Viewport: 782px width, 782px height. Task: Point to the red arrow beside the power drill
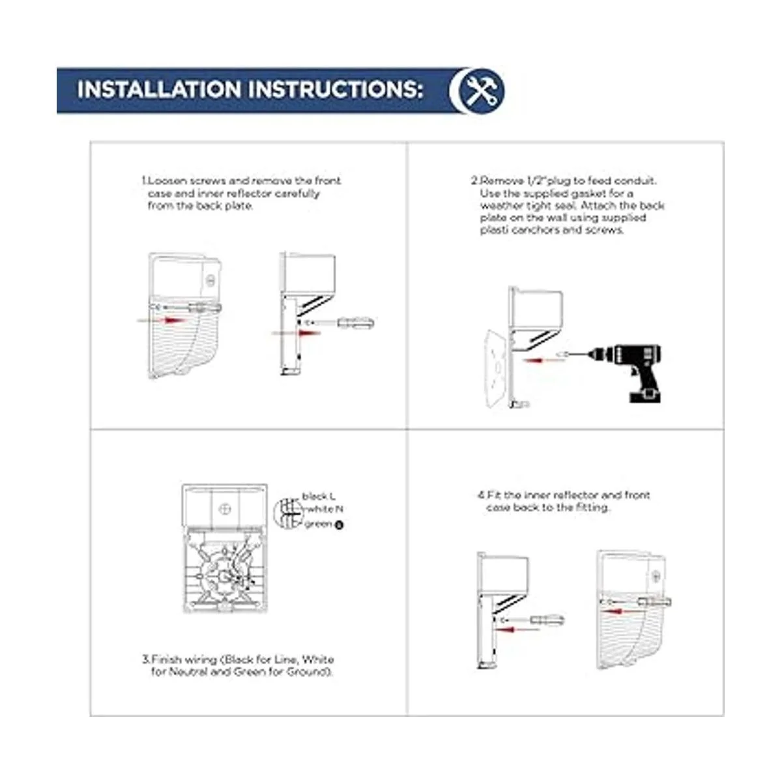[538, 360]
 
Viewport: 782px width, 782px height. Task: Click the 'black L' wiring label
[319, 497]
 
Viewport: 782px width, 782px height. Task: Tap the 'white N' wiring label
[325, 509]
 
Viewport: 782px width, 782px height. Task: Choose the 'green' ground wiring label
[319, 524]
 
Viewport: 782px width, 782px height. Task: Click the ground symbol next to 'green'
[340, 525]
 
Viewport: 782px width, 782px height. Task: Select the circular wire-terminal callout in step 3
[288, 512]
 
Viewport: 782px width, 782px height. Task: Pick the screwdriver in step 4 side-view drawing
[532, 620]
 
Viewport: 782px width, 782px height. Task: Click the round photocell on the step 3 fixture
[225, 510]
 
